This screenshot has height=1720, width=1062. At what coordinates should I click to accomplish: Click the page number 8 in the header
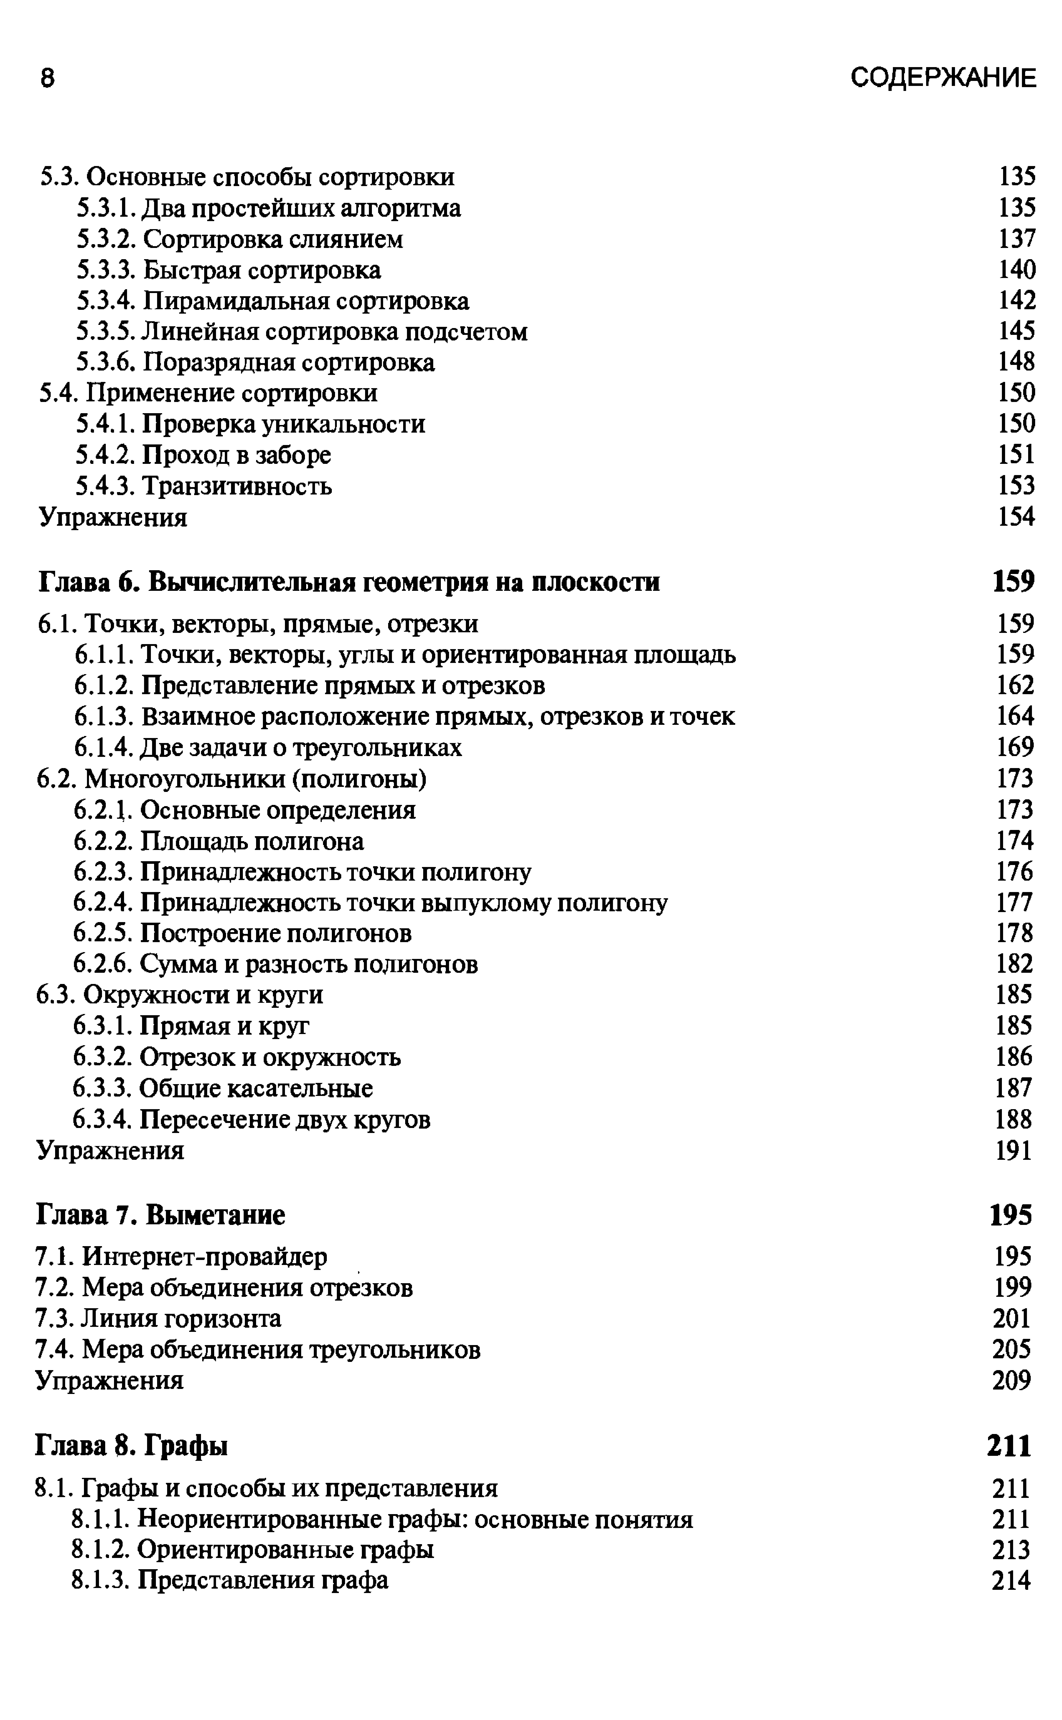[x=47, y=79]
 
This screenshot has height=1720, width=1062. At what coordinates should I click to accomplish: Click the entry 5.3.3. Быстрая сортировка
[x=229, y=270]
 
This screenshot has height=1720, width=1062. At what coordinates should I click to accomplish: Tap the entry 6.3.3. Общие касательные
[x=223, y=1088]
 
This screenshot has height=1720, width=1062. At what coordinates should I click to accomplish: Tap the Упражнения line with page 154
[x=112, y=517]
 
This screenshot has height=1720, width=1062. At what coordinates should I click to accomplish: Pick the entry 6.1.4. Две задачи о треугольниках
[x=268, y=747]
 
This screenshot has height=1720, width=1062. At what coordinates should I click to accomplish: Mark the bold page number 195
[x=1011, y=1214]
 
